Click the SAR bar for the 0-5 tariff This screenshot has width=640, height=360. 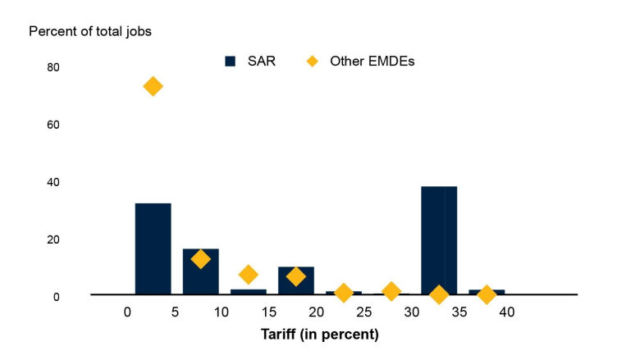coord(153,248)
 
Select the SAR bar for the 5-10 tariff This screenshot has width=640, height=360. coord(200,271)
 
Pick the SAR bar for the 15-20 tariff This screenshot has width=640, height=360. coord(295,280)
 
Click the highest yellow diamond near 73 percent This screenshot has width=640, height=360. coord(153,86)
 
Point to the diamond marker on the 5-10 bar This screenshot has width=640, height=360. coord(200,259)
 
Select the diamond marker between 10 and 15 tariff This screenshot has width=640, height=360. coord(248,274)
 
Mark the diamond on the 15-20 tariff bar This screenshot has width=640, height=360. coord(295,276)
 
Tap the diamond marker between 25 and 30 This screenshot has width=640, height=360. coord(391,291)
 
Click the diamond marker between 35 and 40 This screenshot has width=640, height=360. coord(487,294)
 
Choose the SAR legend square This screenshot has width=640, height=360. coord(231,62)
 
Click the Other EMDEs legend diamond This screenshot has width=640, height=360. coord(312,62)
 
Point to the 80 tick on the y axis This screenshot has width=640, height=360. coord(54,67)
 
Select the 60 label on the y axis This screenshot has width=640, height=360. coord(54,125)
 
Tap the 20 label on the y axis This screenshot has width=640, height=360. coord(54,239)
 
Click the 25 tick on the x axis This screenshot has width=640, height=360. coord(364,312)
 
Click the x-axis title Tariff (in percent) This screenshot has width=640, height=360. coord(319,335)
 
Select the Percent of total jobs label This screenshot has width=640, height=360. coord(90,32)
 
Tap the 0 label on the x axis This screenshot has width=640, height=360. coord(127,312)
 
